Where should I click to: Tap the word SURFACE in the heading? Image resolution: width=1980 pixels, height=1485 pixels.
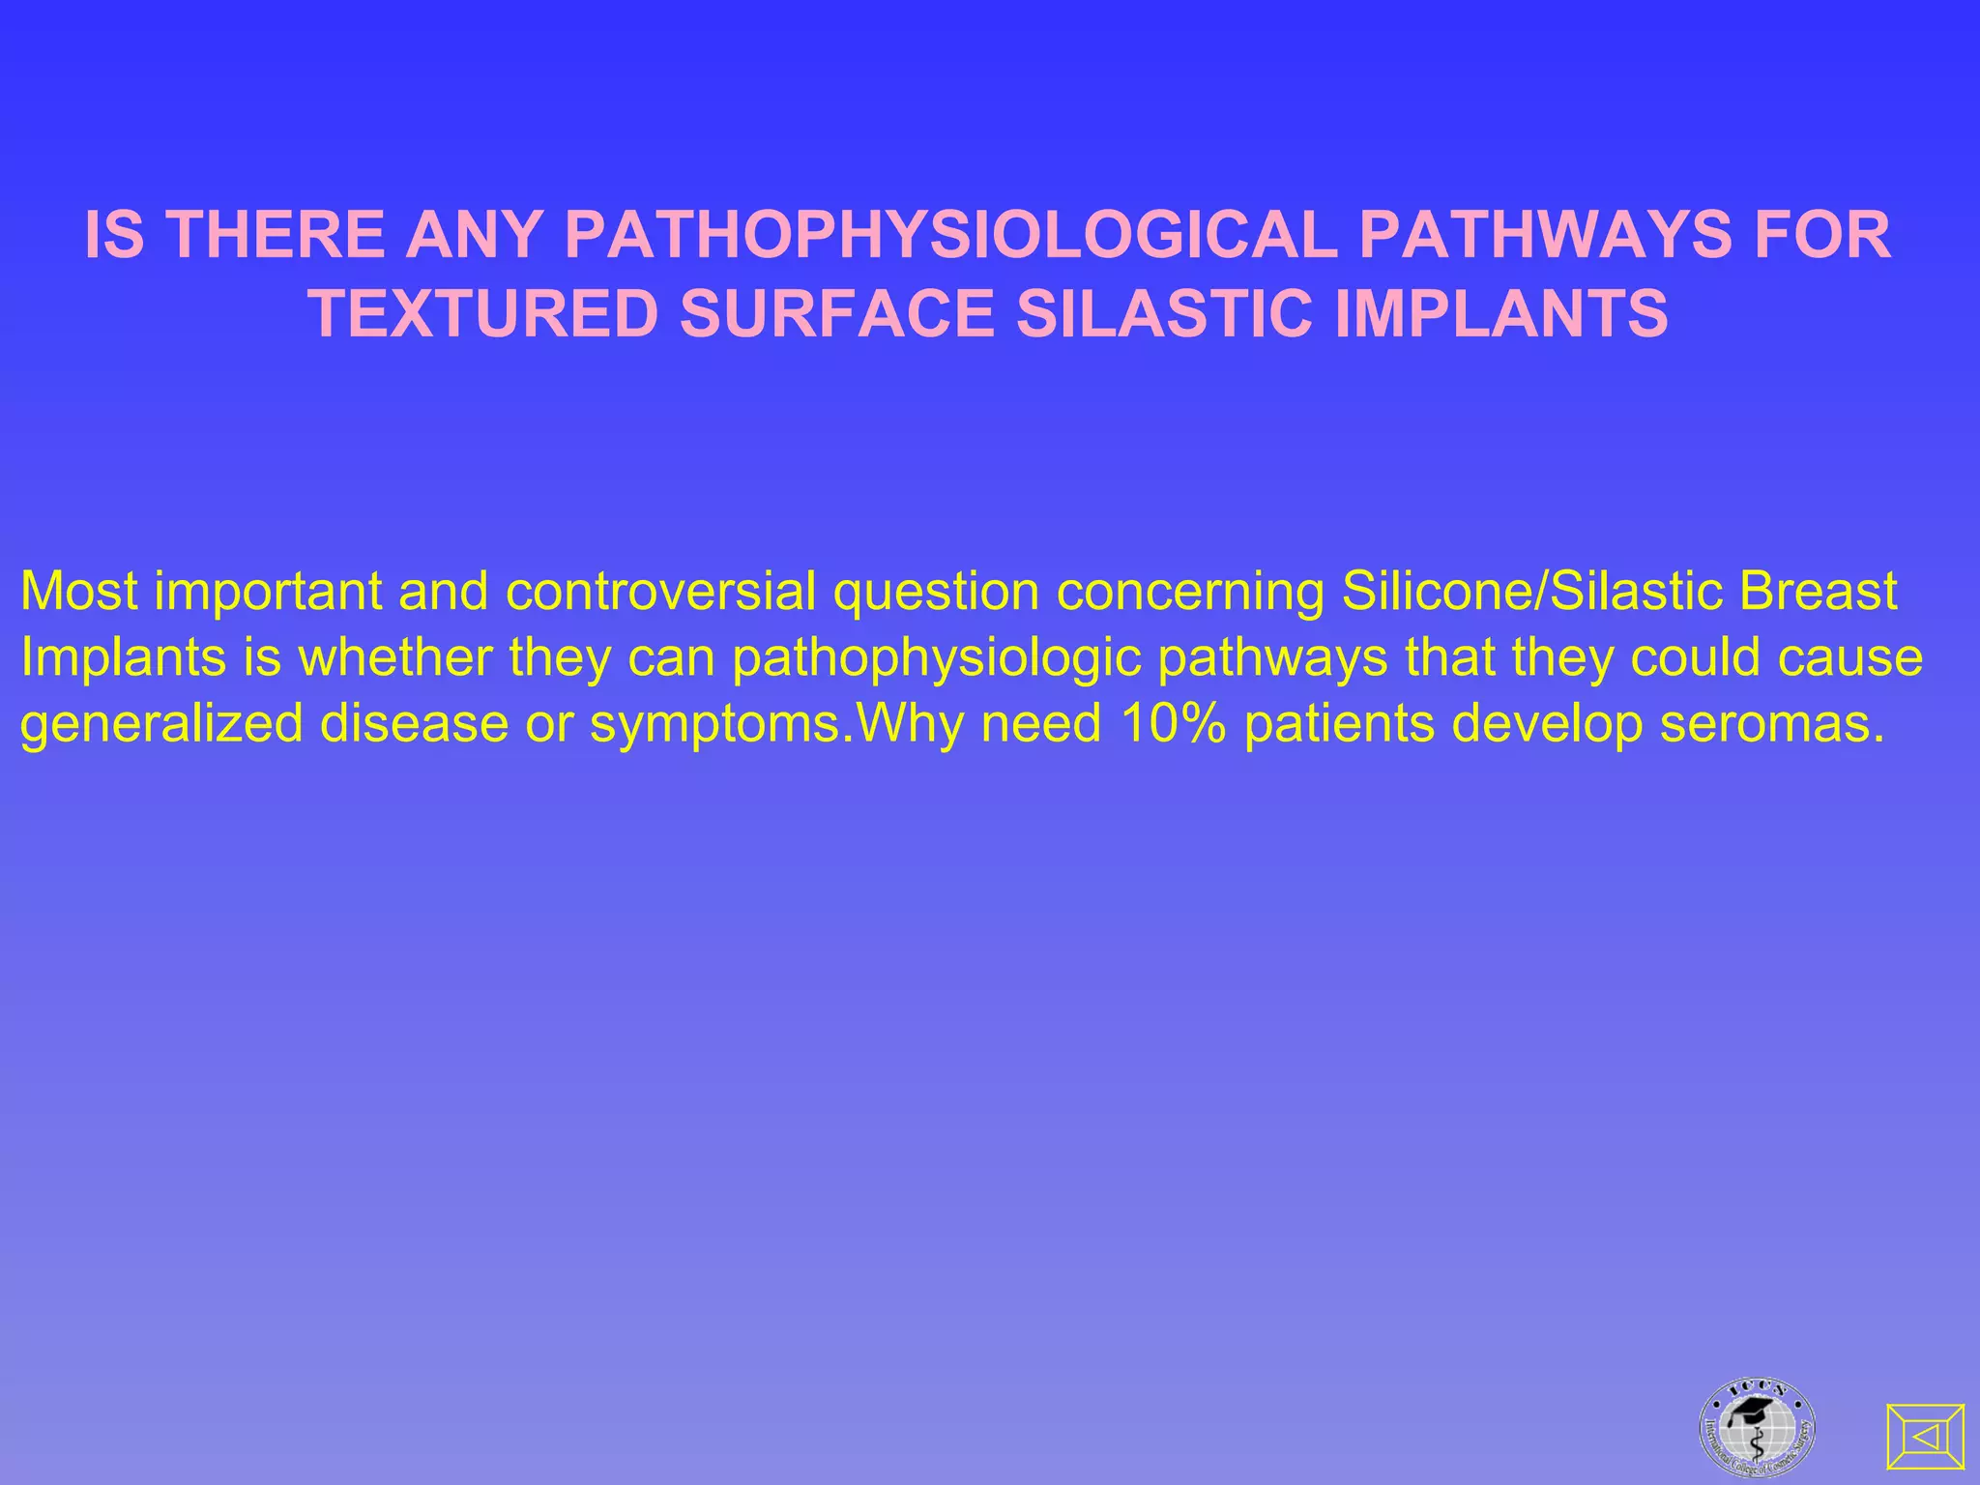click(x=837, y=314)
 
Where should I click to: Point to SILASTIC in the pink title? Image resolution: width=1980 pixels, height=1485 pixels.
click(x=1164, y=314)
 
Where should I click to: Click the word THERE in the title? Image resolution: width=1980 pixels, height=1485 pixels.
click(x=279, y=235)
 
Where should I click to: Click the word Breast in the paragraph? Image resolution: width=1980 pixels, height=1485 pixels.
click(x=1818, y=592)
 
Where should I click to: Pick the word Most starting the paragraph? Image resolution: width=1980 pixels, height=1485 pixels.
click(x=78, y=592)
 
